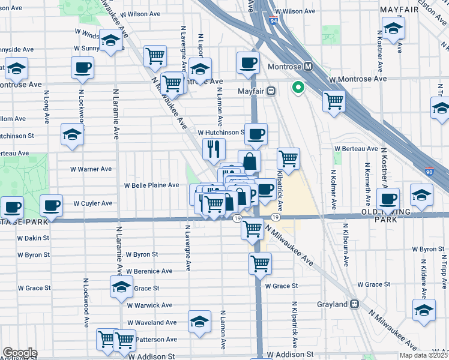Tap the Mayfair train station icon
271,91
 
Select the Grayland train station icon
355,304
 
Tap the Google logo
19,353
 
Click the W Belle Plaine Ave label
151,185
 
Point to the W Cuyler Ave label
92,203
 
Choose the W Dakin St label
33,238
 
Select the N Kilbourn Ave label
346,245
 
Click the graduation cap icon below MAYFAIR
393,28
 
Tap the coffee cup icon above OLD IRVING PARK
388,198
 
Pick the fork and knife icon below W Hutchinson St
214,148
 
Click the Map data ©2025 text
423,355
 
